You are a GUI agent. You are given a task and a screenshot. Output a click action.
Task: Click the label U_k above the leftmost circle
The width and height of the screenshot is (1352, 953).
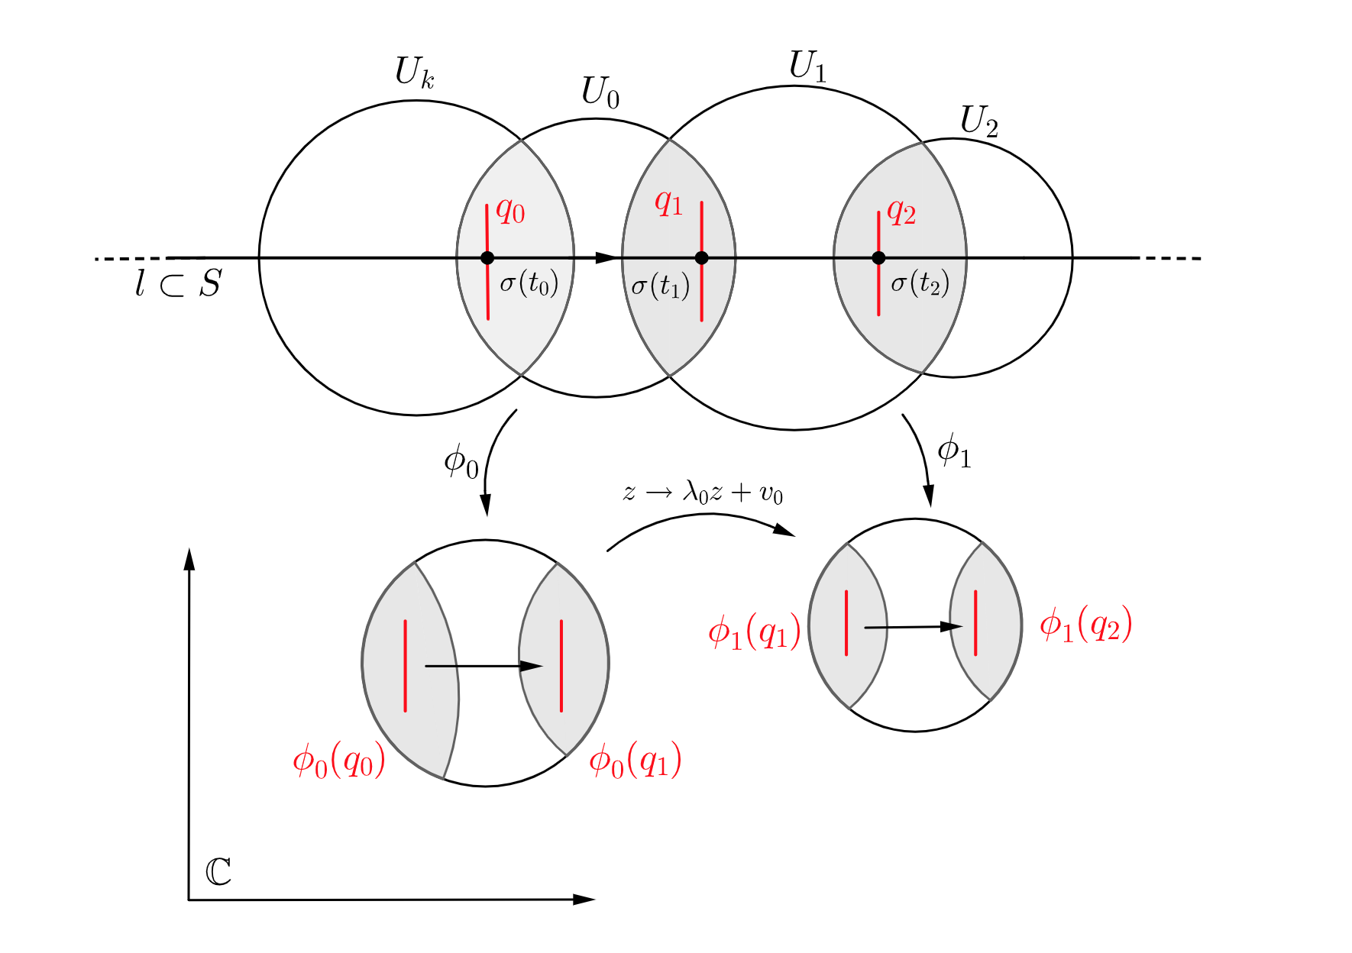point(415,73)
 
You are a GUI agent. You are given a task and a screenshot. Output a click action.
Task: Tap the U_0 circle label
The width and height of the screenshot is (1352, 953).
point(600,92)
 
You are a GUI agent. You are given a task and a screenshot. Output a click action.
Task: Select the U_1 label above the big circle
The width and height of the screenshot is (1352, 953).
point(807,66)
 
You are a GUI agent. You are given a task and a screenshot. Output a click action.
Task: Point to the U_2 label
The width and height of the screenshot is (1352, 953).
point(978,121)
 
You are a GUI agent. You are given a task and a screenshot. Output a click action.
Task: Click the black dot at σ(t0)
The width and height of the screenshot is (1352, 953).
point(487,258)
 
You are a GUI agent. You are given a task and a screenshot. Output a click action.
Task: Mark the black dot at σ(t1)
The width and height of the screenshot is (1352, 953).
point(701,258)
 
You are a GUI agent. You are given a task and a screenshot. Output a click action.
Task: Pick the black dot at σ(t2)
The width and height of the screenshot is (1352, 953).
point(878,258)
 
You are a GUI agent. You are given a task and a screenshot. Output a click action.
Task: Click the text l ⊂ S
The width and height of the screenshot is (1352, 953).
point(178,284)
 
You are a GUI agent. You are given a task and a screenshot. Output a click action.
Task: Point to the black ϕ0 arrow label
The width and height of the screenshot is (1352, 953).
point(461,462)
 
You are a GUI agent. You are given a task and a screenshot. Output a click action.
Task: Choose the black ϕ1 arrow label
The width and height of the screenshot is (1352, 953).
point(954,451)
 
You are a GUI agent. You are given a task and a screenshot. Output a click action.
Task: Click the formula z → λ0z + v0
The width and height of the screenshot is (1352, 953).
point(703,493)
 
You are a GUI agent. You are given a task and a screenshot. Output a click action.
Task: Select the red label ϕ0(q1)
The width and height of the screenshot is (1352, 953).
point(635,761)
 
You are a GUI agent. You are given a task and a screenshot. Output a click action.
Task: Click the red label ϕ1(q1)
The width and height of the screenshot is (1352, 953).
point(754,632)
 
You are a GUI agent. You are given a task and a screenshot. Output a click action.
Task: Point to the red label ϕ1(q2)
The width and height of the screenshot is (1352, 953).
point(1085,625)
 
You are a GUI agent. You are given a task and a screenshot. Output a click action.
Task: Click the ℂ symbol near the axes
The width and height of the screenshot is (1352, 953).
point(218,872)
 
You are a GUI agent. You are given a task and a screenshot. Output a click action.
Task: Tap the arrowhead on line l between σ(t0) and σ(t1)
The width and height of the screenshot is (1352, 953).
point(606,258)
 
